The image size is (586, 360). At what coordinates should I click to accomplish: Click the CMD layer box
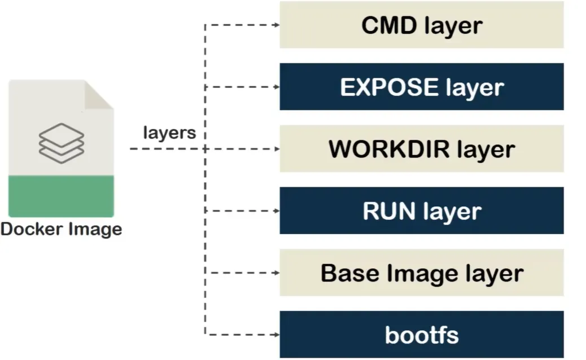pyautogui.click(x=421, y=25)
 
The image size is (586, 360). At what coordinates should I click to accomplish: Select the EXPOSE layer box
pyautogui.click(x=421, y=87)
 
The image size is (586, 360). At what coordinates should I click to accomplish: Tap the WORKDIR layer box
pyautogui.click(x=421, y=149)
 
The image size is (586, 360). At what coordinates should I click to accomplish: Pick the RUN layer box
pyautogui.click(x=421, y=211)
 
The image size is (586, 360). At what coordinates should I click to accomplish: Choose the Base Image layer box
pyautogui.click(x=421, y=273)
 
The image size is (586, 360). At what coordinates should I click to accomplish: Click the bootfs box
pyautogui.click(x=421, y=335)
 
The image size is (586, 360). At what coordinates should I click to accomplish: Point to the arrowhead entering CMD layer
pyautogui.click(x=276, y=25)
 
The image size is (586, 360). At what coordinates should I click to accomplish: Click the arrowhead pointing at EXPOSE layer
pyautogui.click(x=276, y=87)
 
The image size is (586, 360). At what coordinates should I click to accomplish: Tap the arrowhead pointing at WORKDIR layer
pyautogui.click(x=276, y=149)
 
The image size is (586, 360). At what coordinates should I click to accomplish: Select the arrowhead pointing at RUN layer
pyautogui.click(x=276, y=211)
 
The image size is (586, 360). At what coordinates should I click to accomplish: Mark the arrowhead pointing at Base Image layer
pyautogui.click(x=276, y=273)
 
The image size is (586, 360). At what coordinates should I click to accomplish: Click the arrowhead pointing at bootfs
pyautogui.click(x=276, y=335)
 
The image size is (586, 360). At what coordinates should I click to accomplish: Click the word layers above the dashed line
pyautogui.click(x=169, y=133)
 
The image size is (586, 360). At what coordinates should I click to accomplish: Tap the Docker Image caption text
pyautogui.click(x=61, y=230)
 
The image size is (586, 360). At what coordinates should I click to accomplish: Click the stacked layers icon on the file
pyautogui.click(x=61, y=139)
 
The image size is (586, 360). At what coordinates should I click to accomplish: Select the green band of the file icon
pyautogui.click(x=61, y=196)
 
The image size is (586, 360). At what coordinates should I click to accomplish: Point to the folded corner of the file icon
pyautogui.click(x=99, y=94)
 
